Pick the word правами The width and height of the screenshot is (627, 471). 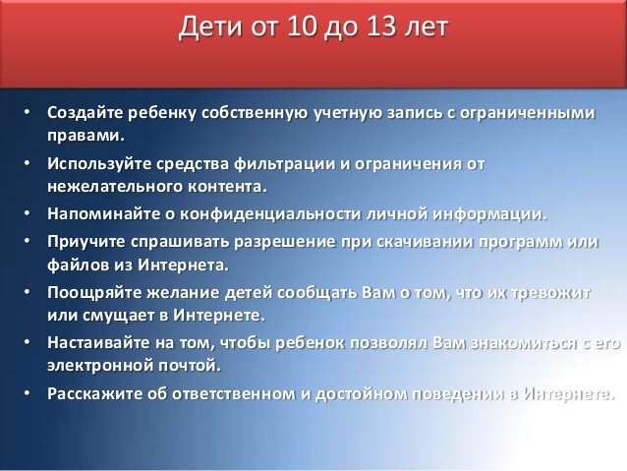pyautogui.click(x=86, y=135)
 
